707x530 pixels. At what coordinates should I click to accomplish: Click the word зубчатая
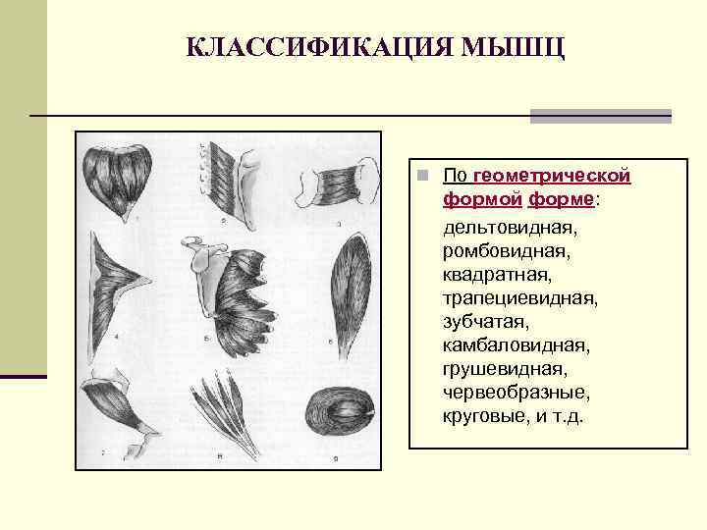coord(485,321)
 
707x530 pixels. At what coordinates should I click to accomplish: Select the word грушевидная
coord(504,369)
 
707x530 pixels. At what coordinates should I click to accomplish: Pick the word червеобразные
coord(516,393)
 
